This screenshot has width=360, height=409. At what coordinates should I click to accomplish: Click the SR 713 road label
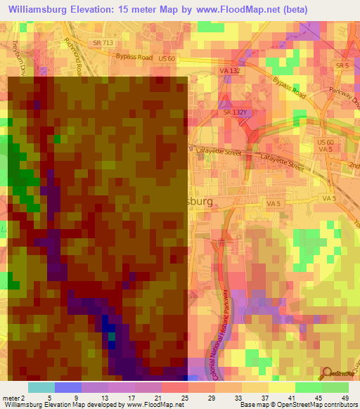102,44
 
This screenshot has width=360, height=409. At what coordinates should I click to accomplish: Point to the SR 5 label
342,65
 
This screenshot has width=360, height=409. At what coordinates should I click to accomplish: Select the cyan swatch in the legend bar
41,387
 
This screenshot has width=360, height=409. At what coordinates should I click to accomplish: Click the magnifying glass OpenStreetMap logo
326,372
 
